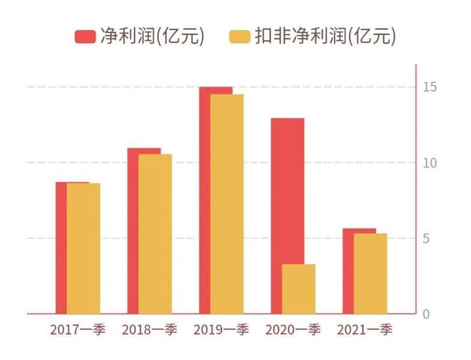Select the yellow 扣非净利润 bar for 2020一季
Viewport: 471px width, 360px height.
click(x=298, y=289)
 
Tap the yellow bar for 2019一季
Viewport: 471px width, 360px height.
click(x=226, y=204)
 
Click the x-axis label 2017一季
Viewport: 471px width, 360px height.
click(x=78, y=330)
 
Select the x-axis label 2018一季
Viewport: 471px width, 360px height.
click(x=149, y=330)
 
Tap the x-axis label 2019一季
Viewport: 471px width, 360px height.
click(x=221, y=330)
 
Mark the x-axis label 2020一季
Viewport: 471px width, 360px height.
click(x=293, y=330)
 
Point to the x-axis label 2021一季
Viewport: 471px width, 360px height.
click(x=364, y=330)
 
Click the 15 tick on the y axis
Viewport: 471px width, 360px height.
click(x=428, y=87)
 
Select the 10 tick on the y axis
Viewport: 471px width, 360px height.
click(x=428, y=163)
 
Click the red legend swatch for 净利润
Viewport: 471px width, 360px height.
click(x=85, y=36)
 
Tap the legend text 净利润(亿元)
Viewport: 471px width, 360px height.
click(x=152, y=36)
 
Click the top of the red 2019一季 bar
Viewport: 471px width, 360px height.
click(x=216, y=89)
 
